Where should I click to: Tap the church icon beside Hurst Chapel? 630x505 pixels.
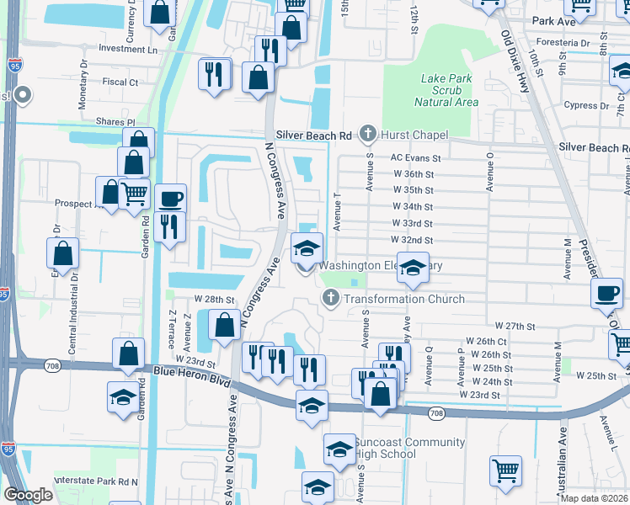pyautogui.click(x=367, y=134)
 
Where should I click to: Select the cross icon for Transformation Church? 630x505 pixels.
pyautogui.click(x=331, y=299)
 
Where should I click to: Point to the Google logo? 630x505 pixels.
pyautogui.click(x=29, y=495)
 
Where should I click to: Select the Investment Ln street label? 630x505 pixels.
pyautogui.click(x=127, y=50)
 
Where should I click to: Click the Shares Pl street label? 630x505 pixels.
pyautogui.click(x=115, y=122)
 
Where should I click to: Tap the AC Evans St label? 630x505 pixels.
pyautogui.click(x=415, y=158)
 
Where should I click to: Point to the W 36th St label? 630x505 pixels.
pyautogui.click(x=413, y=174)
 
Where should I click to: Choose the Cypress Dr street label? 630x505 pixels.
pyautogui.click(x=587, y=106)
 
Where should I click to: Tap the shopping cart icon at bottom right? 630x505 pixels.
pyautogui.click(x=505, y=471)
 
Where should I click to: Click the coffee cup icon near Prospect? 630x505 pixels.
pyautogui.click(x=170, y=199)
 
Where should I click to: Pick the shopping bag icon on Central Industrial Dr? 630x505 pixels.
pyautogui.click(x=63, y=252)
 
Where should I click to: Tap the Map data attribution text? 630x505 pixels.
pyautogui.click(x=595, y=498)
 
